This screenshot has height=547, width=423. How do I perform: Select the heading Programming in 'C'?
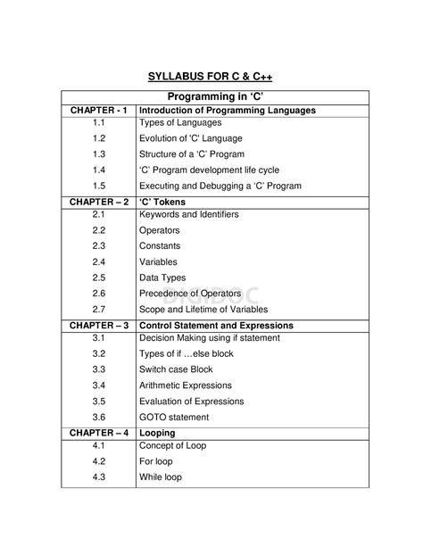coord(211,95)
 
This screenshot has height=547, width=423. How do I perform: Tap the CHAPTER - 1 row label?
coord(98,111)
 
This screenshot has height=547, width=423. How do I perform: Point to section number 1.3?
coord(98,154)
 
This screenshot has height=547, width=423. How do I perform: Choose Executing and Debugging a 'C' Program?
coord(220,186)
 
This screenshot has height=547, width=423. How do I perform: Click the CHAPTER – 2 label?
coord(98,202)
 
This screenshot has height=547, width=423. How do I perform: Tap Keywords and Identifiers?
coord(189,215)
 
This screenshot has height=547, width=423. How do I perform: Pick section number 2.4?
coord(98,261)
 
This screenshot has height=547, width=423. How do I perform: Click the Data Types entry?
coord(163,278)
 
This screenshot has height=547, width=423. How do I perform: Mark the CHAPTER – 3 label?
coord(98,326)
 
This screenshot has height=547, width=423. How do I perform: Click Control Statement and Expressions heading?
coord(216,326)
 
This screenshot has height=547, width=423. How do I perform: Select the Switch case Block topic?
coord(176,369)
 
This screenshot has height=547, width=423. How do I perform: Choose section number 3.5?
coord(98,401)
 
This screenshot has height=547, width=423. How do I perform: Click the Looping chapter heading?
coord(158,433)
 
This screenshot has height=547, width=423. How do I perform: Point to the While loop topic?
coord(160,477)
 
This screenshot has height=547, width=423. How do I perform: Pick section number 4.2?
coord(98,462)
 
